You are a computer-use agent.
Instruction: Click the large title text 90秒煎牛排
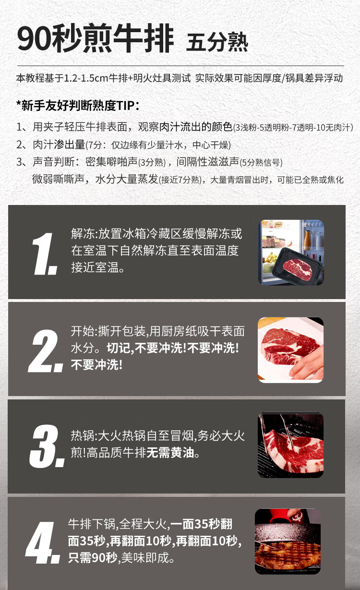[95, 38]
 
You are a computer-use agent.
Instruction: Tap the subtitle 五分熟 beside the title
[217, 42]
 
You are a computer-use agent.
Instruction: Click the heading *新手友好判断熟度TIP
[78, 106]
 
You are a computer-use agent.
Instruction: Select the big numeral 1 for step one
[44, 253]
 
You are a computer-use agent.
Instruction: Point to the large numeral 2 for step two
[46, 351]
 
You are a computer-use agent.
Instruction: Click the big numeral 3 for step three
[47, 446]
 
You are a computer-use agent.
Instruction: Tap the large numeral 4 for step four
[43, 542]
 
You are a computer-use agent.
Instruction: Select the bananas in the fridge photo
[270, 258]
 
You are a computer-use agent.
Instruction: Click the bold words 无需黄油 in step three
[170, 453]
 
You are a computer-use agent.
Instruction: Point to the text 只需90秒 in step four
[93, 558]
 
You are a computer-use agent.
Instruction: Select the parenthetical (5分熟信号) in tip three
[261, 163]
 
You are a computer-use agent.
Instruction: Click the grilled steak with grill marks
[288, 554]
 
